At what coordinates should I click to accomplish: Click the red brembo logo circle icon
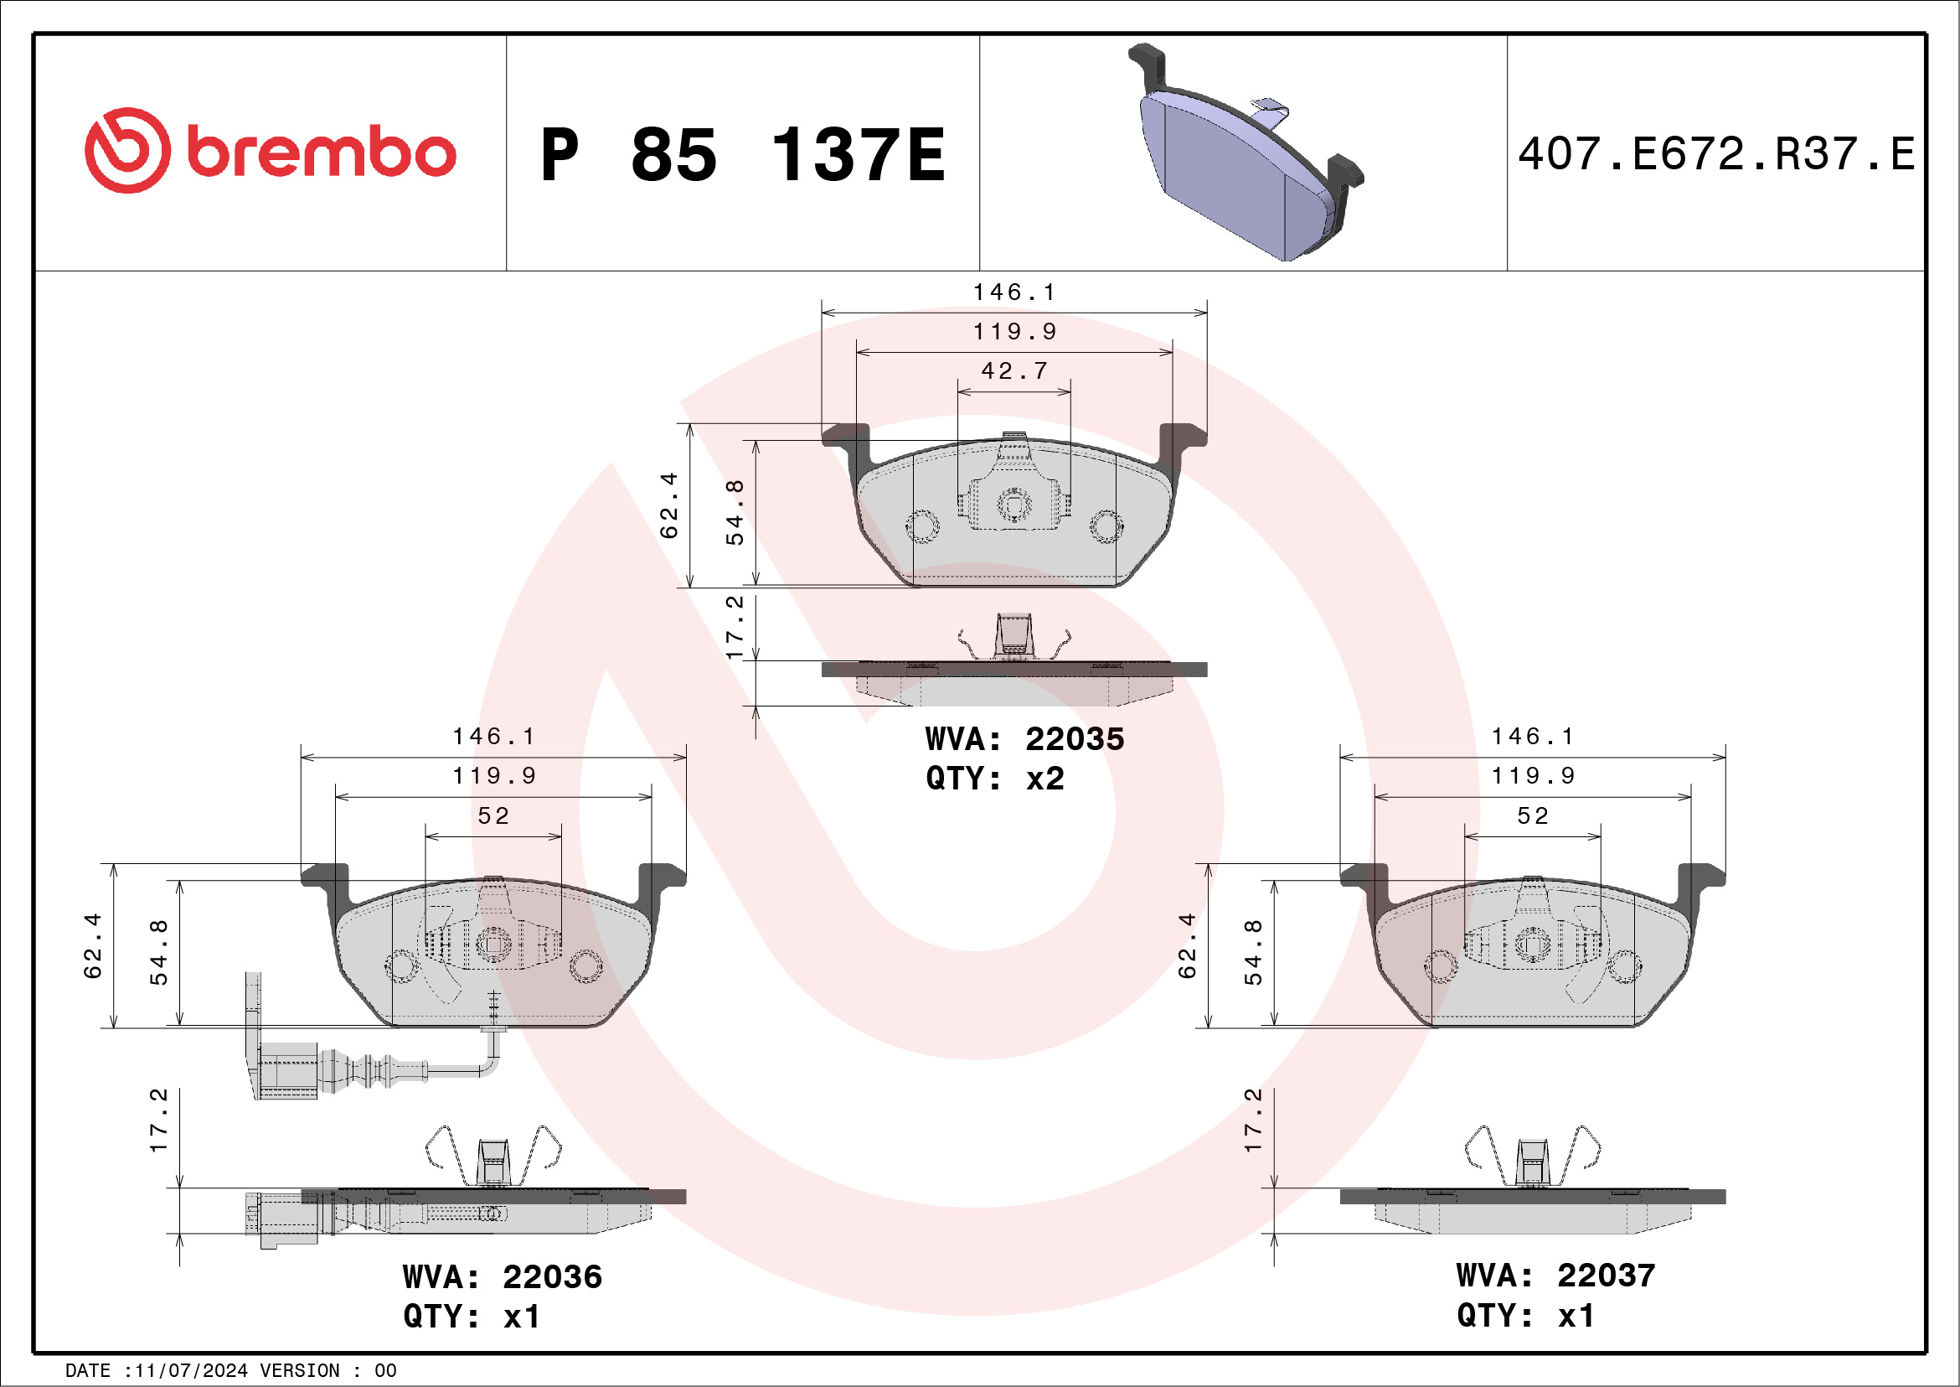(127, 150)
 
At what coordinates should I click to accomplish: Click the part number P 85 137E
(743, 154)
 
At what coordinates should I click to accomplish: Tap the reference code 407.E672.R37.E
(1716, 154)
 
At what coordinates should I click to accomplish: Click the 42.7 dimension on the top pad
(1014, 370)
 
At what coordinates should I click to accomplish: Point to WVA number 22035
(1074, 739)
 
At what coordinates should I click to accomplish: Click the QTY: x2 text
(994, 778)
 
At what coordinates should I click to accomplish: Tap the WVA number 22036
(551, 1277)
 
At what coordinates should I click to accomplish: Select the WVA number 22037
(1606, 1275)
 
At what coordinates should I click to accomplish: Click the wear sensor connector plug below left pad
(286, 1070)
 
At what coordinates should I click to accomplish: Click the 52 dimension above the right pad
(1532, 815)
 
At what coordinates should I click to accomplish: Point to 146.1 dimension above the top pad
(1014, 292)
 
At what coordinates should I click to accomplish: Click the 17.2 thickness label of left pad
(159, 1120)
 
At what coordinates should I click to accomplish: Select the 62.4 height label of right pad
(1187, 945)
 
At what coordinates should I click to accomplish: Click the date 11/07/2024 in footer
(191, 1371)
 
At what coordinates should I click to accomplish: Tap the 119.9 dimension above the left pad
(494, 775)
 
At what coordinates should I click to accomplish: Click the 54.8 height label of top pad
(734, 512)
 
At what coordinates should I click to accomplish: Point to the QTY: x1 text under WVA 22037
(1524, 1315)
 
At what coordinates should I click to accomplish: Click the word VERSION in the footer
(300, 1371)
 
